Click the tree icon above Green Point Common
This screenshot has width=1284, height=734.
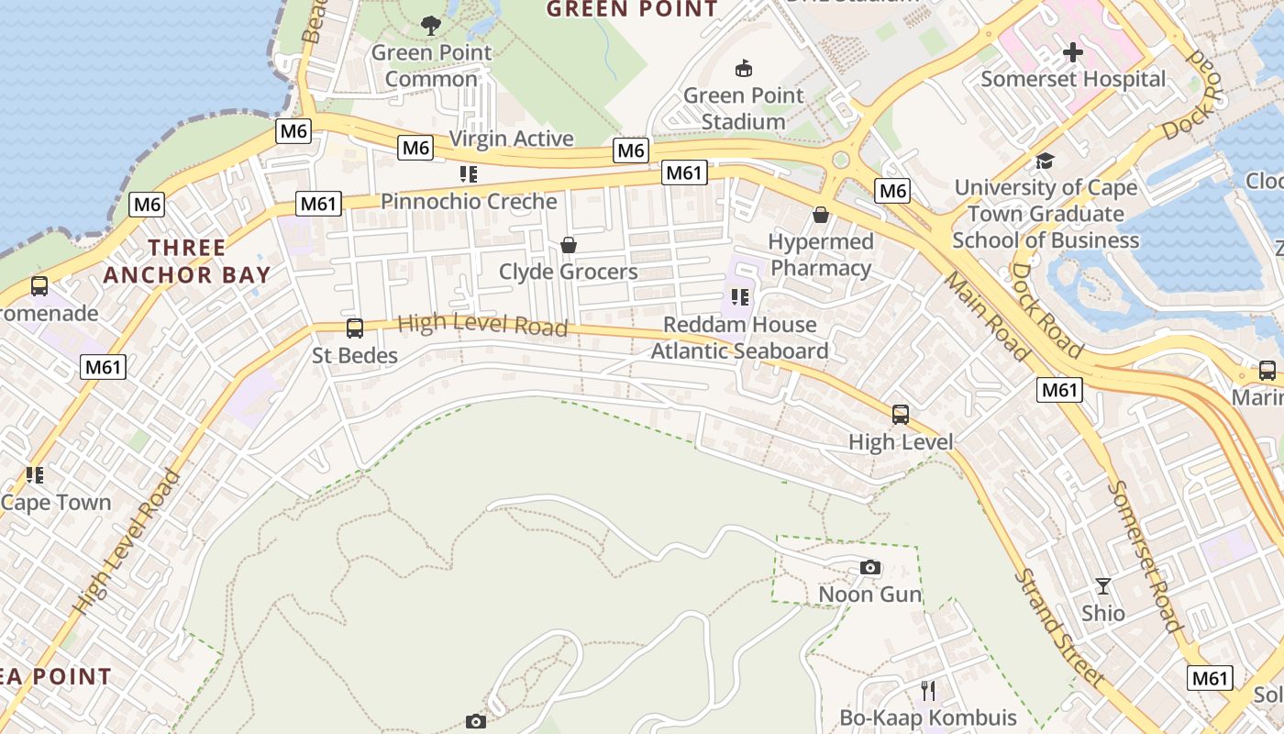pos(430,25)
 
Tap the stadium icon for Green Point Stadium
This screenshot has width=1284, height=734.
pos(744,68)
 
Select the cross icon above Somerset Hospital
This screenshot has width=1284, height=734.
pos(1072,52)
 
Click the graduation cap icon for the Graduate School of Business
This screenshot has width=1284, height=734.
pos(1045,161)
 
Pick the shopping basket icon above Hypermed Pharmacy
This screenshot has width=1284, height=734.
pos(821,215)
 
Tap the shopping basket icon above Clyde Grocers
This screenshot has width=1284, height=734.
pos(569,245)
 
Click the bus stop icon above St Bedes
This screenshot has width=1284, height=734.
pos(355,328)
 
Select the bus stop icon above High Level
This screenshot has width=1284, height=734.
pos(901,414)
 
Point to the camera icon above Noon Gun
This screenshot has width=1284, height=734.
pos(870,568)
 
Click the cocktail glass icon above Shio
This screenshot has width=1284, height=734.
pos(1102,585)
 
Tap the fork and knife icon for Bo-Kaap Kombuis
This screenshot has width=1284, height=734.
pos(928,690)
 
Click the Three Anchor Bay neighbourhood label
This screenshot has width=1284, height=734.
pos(187,261)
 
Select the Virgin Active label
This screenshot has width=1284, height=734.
pos(511,139)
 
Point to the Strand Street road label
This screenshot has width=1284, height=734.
pos(1057,628)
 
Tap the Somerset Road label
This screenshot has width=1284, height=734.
pos(1145,556)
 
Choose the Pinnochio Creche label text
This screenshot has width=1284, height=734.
pos(469,201)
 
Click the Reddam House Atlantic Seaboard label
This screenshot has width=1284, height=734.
pos(739,338)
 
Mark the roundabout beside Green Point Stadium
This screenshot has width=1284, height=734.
pos(840,161)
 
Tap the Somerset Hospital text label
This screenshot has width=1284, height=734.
pos(1073,79)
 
